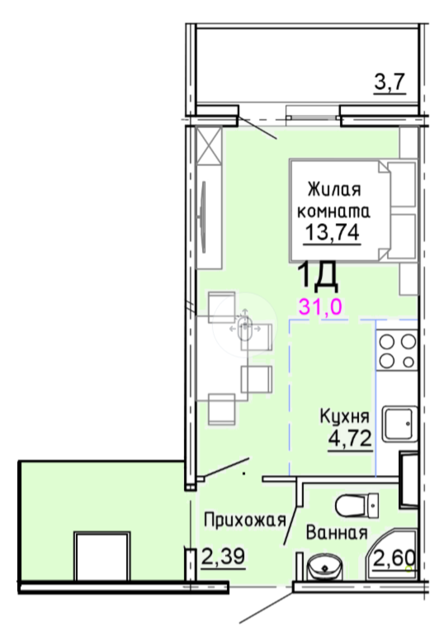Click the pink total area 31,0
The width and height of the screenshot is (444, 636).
320,306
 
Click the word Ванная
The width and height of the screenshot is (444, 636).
336,533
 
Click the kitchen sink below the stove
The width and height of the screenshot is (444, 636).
399,426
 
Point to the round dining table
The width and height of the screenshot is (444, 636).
246,327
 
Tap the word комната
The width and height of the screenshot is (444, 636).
333,209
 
